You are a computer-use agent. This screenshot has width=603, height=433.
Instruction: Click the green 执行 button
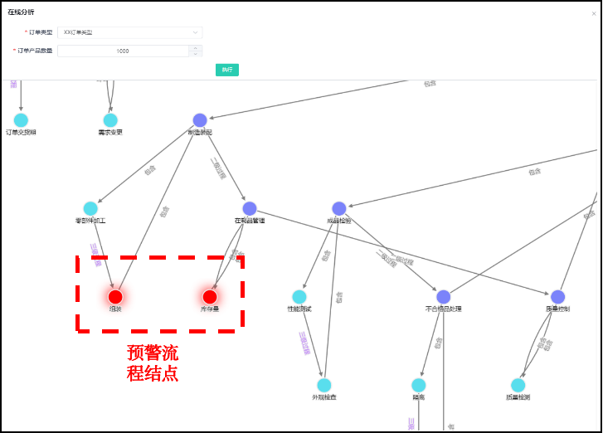tap(226, 70)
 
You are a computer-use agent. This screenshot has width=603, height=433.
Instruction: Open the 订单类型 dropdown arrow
tap(196, 32)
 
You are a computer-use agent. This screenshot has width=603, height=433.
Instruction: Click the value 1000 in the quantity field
tap(123, 51)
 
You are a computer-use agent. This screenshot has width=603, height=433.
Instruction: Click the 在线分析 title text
tap(21, 12)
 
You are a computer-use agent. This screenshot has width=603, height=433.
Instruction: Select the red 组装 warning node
tap(115, 296)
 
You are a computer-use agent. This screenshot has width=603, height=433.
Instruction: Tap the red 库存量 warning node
tap(210, 296)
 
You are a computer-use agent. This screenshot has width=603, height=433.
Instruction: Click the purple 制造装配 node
tap(200, 120)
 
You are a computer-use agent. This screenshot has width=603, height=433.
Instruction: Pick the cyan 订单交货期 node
tap(21, 120)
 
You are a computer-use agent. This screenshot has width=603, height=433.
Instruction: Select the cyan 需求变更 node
tap(110, 120)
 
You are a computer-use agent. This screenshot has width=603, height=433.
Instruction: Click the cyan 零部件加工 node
tap(90, 208)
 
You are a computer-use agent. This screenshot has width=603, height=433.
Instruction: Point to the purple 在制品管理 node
tap(250, 208)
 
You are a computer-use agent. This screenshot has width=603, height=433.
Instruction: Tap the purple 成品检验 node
tap(338, 208)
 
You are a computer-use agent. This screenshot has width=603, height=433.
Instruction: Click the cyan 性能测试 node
tap(299, 296)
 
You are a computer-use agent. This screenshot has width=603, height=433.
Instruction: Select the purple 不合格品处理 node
tap(444, 296)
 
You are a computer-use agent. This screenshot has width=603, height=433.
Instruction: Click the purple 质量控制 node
tap(557, 296)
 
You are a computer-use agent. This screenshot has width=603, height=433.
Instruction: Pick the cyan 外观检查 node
tap(324, 385)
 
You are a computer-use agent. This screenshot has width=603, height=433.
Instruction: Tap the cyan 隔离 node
tap(419, 385)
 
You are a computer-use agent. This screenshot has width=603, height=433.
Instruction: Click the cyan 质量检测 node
tap(518, 385)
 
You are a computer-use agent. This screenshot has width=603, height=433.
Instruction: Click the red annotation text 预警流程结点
tap(153, 363)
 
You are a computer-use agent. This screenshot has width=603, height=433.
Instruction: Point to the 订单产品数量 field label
tap(34, 51)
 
